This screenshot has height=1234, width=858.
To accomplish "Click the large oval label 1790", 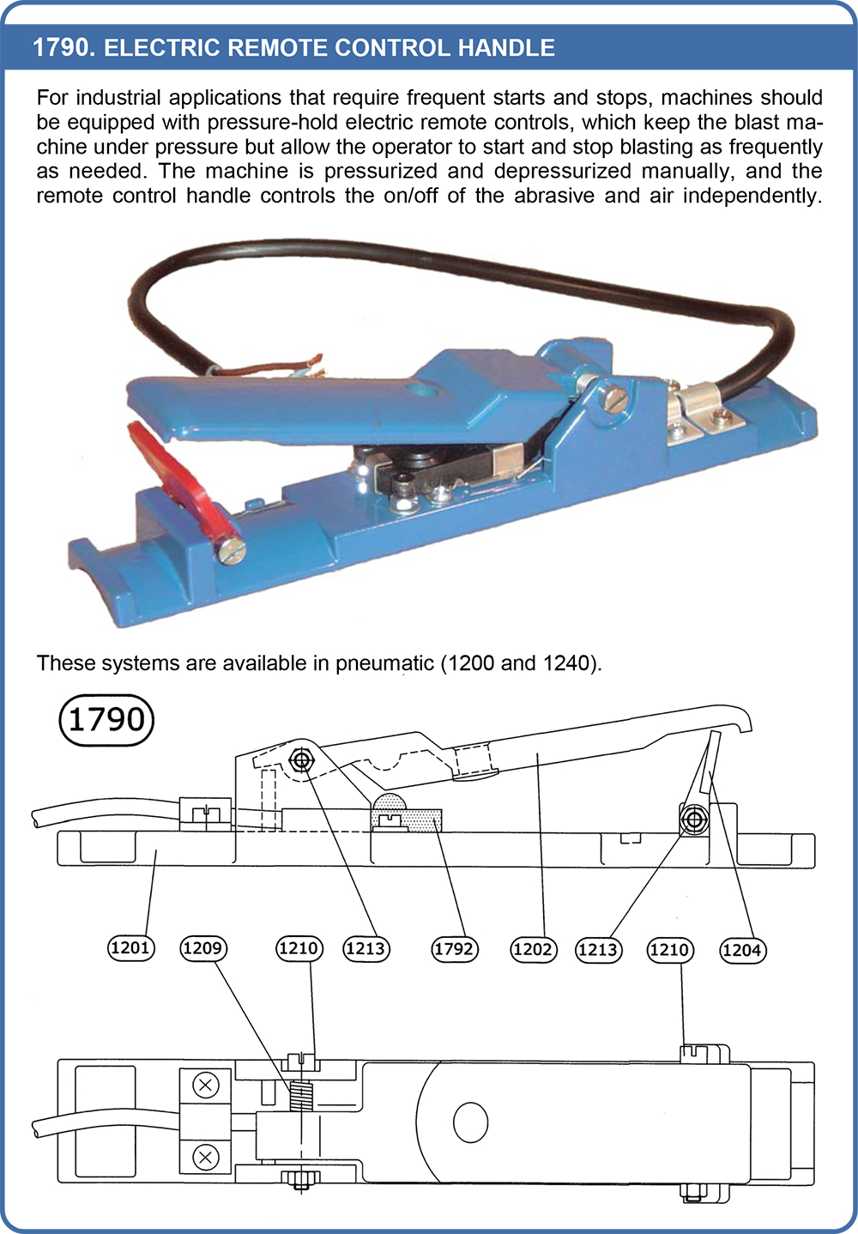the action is point(106,720).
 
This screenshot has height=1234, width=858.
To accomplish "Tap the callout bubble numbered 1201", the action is point(130,948).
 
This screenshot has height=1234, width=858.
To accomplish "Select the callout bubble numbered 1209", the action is point(203,948).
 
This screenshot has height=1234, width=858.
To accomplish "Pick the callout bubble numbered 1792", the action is point(454,949).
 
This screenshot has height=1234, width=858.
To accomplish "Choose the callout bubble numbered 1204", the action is point(742,950).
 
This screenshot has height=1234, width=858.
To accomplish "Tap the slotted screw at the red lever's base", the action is point(231,550).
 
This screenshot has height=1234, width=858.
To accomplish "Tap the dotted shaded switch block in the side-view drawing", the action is point(407,813).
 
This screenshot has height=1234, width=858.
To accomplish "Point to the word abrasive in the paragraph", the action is point(553,196).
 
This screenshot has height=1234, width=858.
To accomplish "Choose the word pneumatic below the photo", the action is point(384,663).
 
